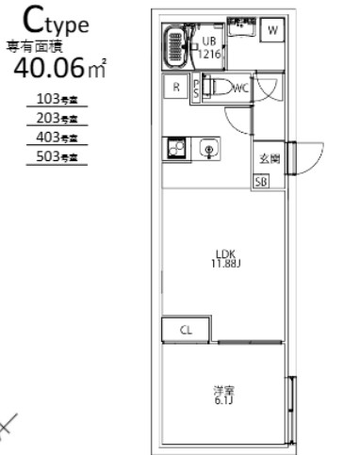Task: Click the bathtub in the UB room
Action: (x=176, y=45)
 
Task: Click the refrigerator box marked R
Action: (x=176, y=89)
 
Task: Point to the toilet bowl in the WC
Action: (x=218, y=89)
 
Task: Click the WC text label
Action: (x=239, y=89)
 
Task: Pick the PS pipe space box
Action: (x=196, y=89)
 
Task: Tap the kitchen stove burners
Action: (x=176, y=149)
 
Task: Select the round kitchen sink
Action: (x=208, y=149)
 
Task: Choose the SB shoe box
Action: (x=260, y=182)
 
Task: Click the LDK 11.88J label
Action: (x=224, y=257)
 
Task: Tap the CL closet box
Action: (x=187, y=330)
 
